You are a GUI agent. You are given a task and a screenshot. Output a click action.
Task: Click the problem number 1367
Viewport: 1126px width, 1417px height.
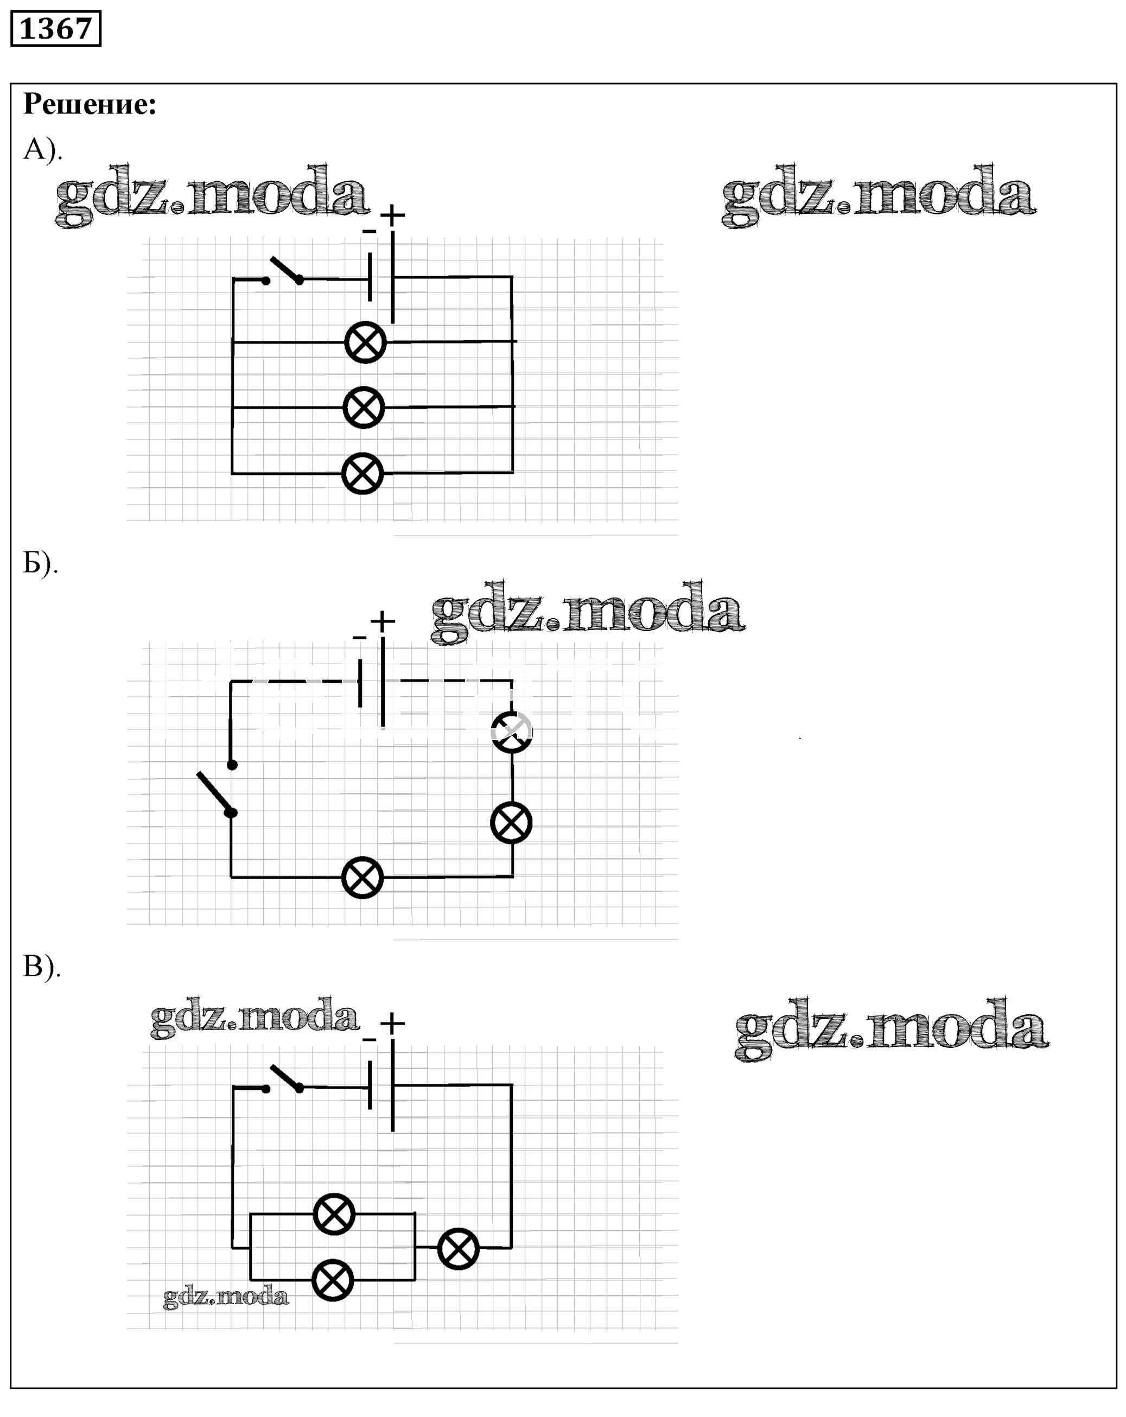pos(56,29)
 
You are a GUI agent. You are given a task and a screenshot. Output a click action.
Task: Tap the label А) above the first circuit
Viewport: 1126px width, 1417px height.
pos(41,149)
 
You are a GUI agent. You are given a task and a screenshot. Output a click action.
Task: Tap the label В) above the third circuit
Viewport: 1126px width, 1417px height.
pos(41,966)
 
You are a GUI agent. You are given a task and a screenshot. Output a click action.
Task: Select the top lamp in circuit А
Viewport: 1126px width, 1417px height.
pos(365,342)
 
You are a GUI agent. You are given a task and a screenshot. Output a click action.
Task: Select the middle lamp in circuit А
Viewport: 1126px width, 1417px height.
pos(364,408)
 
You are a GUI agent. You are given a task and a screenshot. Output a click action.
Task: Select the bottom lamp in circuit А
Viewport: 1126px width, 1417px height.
pos(362,473)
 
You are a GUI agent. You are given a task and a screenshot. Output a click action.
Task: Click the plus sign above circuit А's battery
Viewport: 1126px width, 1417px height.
pos(392,215)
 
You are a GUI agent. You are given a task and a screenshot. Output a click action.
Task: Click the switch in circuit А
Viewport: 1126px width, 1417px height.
pos(284,271)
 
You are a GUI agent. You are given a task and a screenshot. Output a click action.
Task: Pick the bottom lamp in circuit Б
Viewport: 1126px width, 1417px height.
pos(362,878)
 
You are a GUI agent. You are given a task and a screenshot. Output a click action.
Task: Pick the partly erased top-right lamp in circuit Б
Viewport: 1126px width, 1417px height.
pos(511,732)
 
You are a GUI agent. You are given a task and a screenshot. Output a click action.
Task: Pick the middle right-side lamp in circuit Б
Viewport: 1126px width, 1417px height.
pos(511,822)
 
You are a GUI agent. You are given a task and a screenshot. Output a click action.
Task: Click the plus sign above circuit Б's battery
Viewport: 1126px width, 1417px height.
pos(383,621)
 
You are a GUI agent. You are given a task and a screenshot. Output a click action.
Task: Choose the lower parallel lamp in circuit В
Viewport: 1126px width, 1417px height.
pos(333,1280)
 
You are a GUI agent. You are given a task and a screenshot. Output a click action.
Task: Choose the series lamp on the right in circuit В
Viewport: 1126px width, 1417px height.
pos(458,1248)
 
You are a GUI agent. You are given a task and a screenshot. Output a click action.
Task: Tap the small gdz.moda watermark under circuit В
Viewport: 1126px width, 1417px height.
pos(225,1297)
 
